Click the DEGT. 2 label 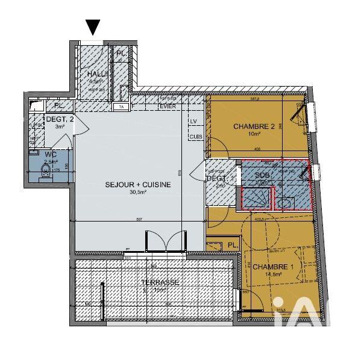tap(60, 119)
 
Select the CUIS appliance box tap(195, 137)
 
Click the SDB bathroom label tap(262, 175)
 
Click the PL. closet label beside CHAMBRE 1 tap(232, 245)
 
